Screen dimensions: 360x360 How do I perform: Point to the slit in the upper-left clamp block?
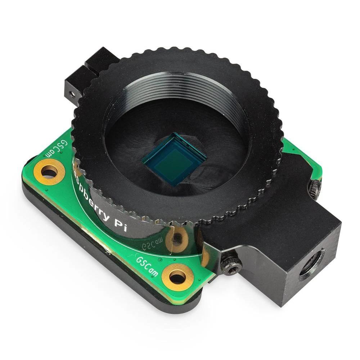pos(90,67)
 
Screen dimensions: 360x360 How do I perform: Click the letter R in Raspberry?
pos(76,165)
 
